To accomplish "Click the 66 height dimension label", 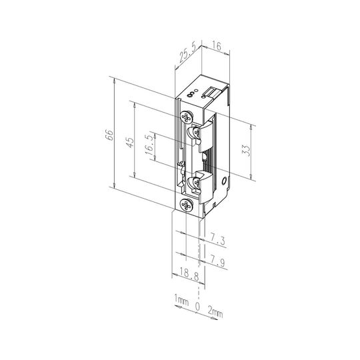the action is [x=109, y=135].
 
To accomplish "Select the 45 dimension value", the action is [x=130, y=143].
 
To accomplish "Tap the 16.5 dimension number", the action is [x=150, y=146].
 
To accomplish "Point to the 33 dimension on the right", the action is [x=246, y=151].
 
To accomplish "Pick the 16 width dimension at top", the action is [x=216, y=46].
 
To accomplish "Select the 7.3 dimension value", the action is [x=217, y=241].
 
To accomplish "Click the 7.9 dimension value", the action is [x=217, y=262].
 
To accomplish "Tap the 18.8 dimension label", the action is [x=189, y=274].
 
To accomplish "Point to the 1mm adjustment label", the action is [x=181, y=300].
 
